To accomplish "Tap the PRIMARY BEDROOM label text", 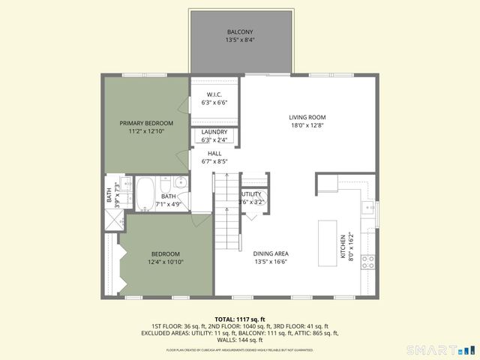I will point(146,123).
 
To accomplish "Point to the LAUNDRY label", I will point(214,132).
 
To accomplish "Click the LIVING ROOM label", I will point(307,117).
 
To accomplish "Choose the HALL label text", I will point(214,153).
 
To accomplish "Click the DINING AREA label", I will point(271,253).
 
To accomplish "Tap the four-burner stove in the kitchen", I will point(368,262).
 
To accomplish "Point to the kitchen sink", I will point(368,208).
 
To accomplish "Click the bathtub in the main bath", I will point(144,193).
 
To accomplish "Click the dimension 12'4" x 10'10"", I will point(165,262).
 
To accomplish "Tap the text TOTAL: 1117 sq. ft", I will point(240,319).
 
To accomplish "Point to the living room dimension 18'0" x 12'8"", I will point(307,126).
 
